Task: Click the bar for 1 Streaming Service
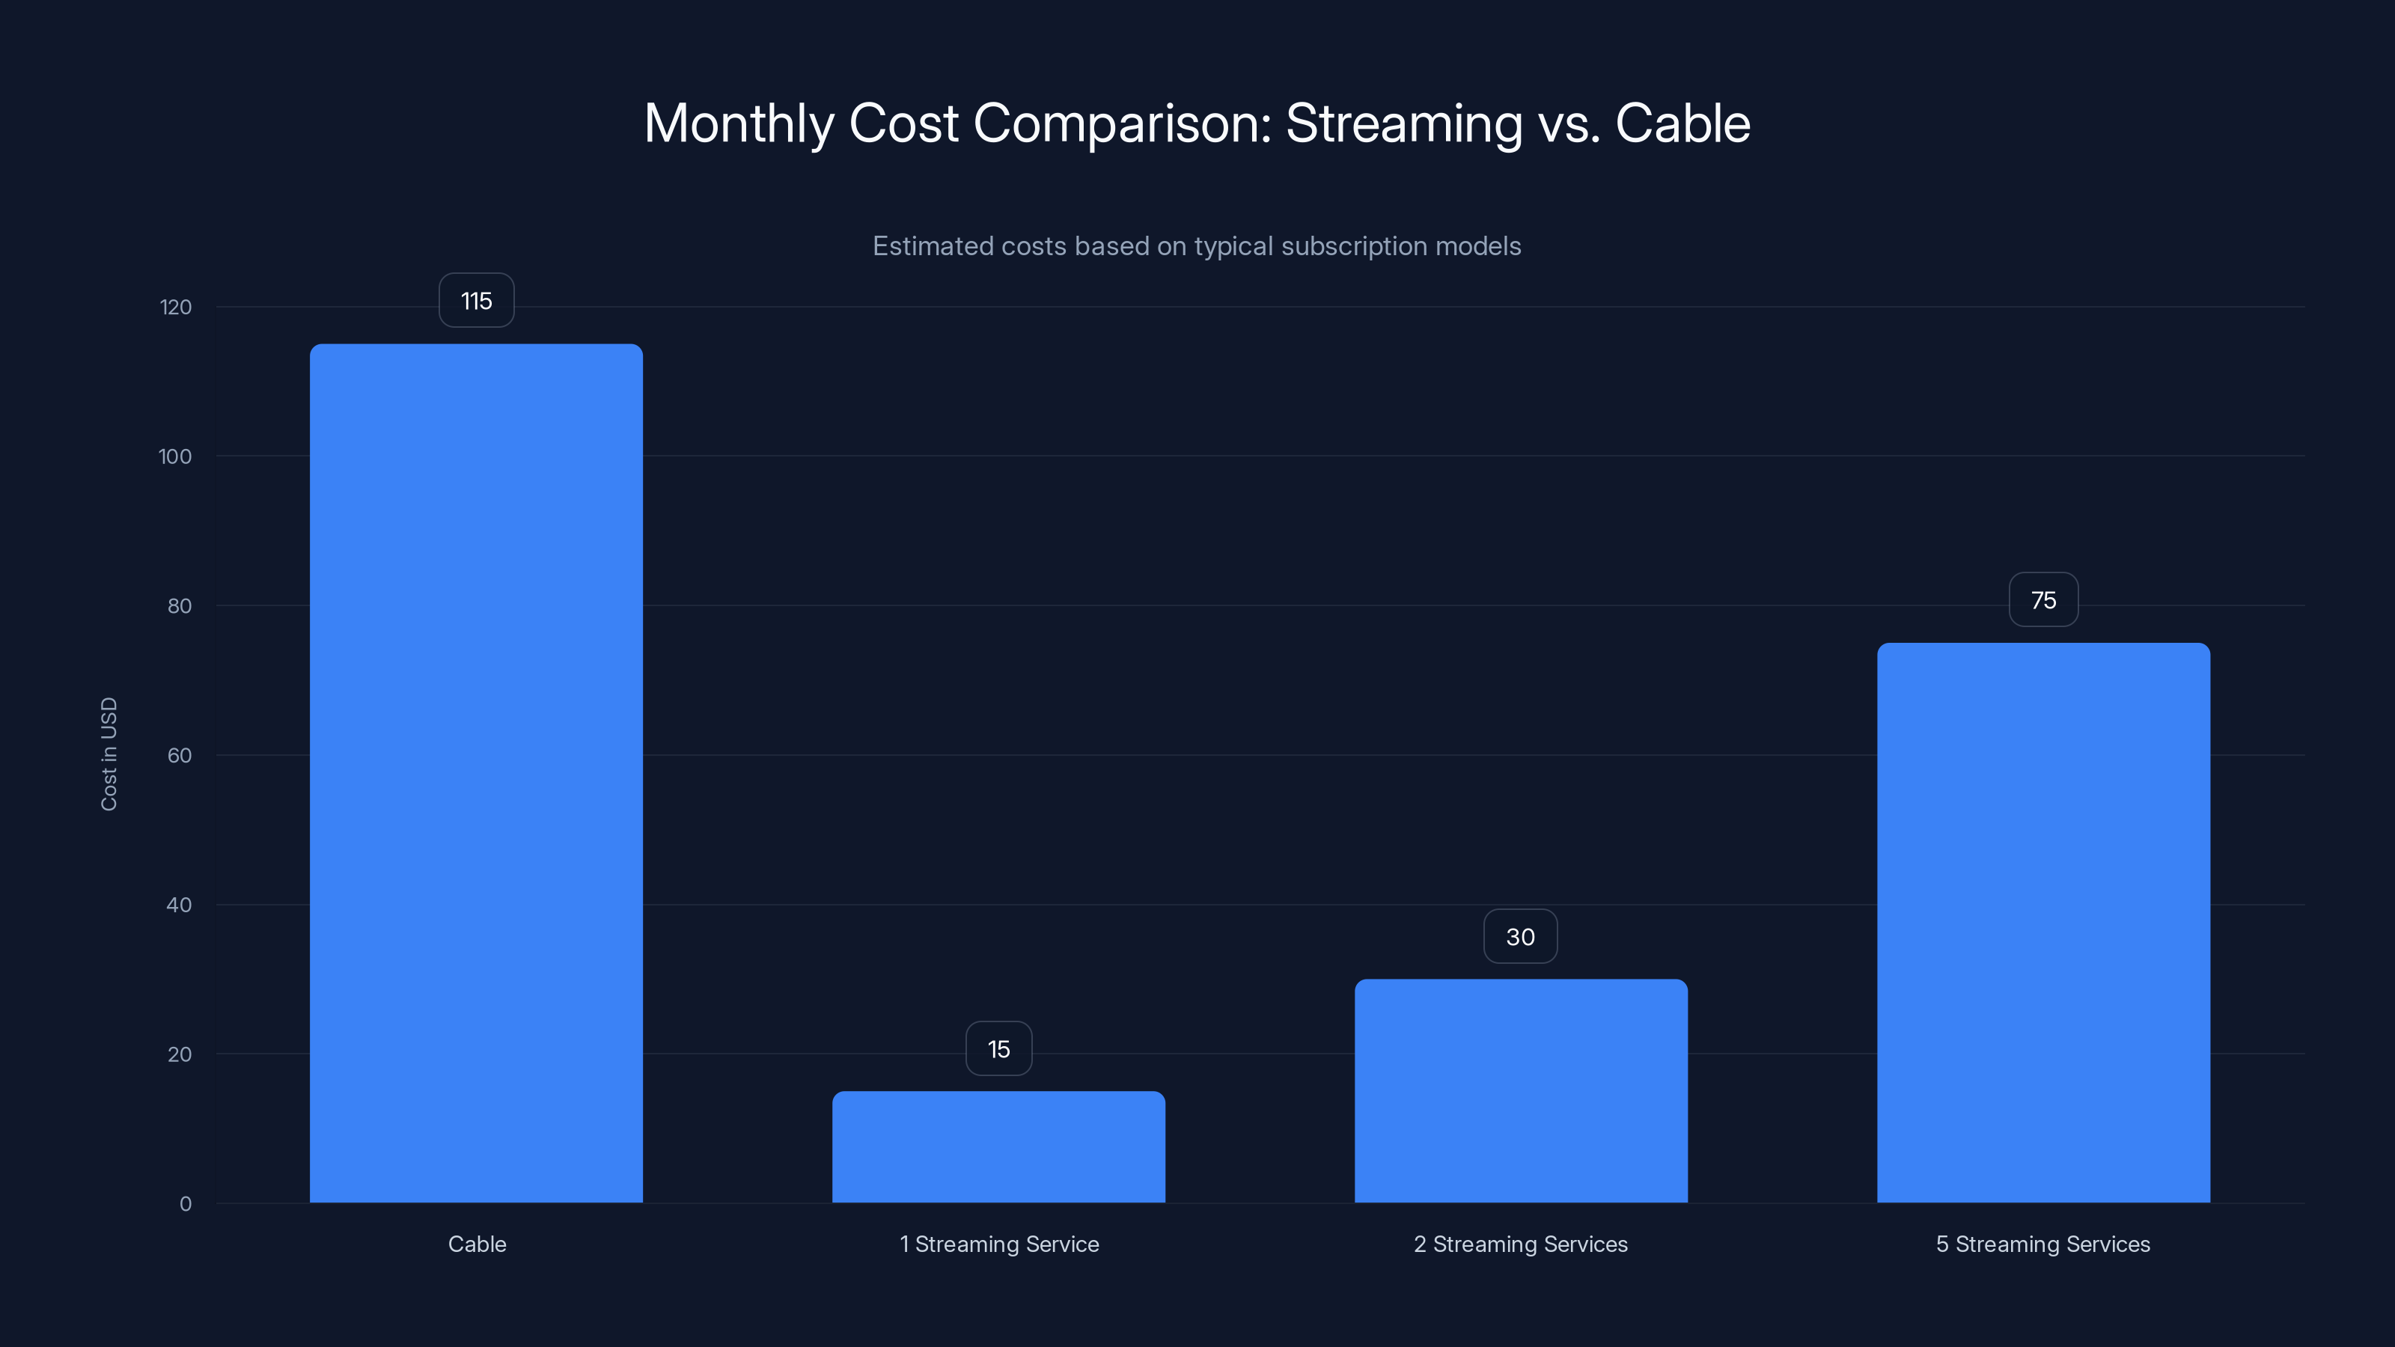pyautogui.click(x=998, y=1146)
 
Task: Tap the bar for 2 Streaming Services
pyautogui.click(x=1521, y=1090)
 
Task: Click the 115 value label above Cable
pyautogui.click(x=476, y=300)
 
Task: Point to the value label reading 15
pyautogui.click(x=998, y=1048)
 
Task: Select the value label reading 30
pyautogui.click(x=1520, y=936)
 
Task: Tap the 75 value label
pyautogui.click(x=2043, y=599)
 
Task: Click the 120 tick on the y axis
pyautogui.click(x=176, y=307)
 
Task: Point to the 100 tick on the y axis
pyautogui.click(x=175, y=456)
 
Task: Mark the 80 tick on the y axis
pyautogui.click(x=180, y=606)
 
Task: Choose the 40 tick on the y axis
pyautogui.click(x=180, y=905)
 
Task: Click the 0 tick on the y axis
pyautogui.click(x=185, y=1204)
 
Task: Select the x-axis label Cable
pyautogui.click(x=477, y=1244)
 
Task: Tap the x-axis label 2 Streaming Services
pyautogui.click(x=1520, y=1244)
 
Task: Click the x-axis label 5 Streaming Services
pyautogui.click(x=2042, y=1244)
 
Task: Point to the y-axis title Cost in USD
pyautogui.click(x=109, y=754)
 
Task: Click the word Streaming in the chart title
pyautogui.click(x=1404, y=123)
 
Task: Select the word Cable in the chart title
pyautogui.click(x=1682, y=123)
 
